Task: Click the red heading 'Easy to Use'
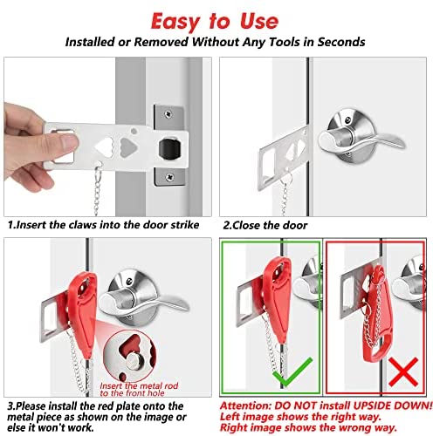215,22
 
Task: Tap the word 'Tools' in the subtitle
285,42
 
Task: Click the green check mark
292,371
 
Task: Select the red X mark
403,372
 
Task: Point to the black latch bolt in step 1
170,148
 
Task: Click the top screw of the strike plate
168,114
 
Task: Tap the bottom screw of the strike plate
169,176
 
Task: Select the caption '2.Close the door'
265,225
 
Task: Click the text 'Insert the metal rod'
139,385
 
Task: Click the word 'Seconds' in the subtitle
341,42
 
